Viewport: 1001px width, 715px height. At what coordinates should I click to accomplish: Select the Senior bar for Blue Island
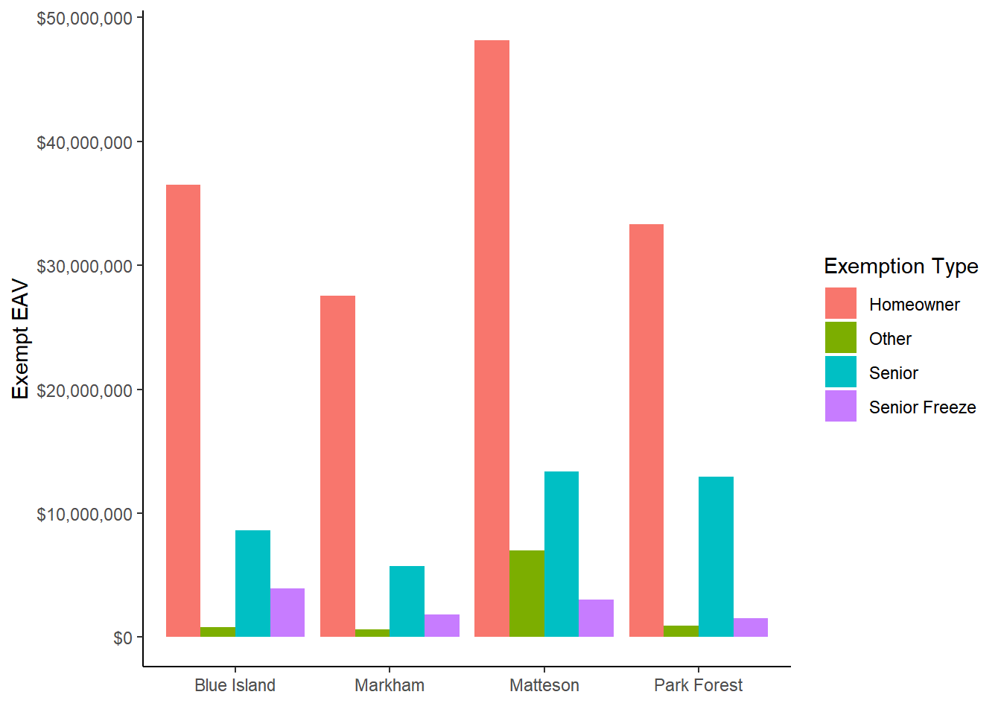252,583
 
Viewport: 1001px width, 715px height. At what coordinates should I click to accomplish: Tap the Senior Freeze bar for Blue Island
287,612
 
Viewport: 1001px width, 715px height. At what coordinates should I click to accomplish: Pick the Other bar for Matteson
527,594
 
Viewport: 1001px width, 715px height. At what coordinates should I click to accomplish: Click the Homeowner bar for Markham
337,466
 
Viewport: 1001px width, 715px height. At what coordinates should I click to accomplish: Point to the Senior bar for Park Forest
716,556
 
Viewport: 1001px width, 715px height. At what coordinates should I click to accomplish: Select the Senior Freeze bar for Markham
442,626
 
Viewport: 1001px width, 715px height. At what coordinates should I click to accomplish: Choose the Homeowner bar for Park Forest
646,430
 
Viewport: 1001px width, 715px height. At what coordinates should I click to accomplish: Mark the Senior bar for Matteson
562,554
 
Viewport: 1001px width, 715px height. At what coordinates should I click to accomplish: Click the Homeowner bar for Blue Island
183,410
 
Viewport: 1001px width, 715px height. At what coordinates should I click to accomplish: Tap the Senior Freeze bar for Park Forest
751,627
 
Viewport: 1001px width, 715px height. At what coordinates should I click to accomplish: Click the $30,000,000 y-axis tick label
84,267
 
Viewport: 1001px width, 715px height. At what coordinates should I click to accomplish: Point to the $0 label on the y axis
123,638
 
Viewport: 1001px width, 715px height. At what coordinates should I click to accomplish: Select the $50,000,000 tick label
84,19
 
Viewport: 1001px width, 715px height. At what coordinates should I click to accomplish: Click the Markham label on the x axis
390,685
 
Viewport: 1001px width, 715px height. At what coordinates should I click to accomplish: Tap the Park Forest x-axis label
698,685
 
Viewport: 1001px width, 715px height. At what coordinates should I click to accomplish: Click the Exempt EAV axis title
21,339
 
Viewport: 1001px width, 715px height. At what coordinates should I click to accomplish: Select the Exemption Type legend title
900,266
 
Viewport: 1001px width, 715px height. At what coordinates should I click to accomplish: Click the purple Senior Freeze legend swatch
840,407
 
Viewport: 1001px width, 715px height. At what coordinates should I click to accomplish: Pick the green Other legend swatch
840,338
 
